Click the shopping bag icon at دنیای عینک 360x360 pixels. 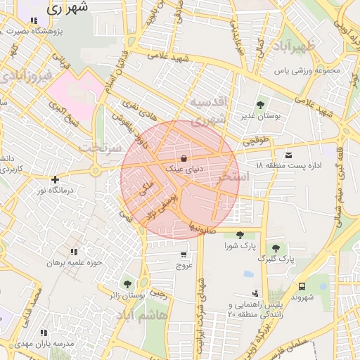coord(184,158)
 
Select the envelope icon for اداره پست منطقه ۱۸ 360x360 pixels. coord(289,155)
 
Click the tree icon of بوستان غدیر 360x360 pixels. coord(260,105)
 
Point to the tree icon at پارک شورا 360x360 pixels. coord(240,235)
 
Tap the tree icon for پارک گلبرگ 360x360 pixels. coord(276,248)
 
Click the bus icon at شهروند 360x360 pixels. coord(302,286)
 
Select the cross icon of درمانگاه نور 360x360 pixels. coord(55,179)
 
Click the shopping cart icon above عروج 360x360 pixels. coord(184,255)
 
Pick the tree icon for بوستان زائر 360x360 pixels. coord(127,284)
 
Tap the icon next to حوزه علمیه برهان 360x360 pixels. coord(74,252)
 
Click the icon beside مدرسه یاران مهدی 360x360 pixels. coord(44,333)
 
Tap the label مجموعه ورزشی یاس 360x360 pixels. coord(307,71)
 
